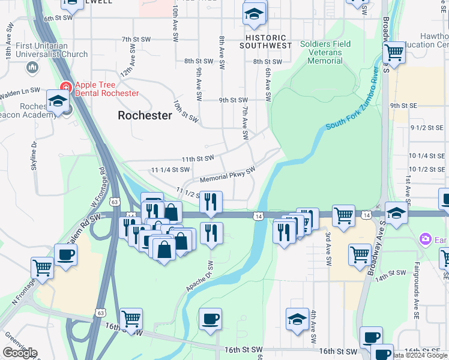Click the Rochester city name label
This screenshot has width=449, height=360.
(145, 115)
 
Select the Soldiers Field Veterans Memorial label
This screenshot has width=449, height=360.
(321, 53)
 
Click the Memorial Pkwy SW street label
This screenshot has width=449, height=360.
(228, 175)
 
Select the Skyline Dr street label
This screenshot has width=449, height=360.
(34, 156)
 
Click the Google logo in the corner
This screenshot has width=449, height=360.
(20, 353)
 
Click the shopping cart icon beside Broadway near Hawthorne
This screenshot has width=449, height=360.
(394, 52)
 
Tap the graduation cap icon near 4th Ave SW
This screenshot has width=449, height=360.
(297, 319)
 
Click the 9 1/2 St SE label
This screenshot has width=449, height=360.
(427, 128)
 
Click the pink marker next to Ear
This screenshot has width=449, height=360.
(426, 240)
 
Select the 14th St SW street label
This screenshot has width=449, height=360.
(391, 272)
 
